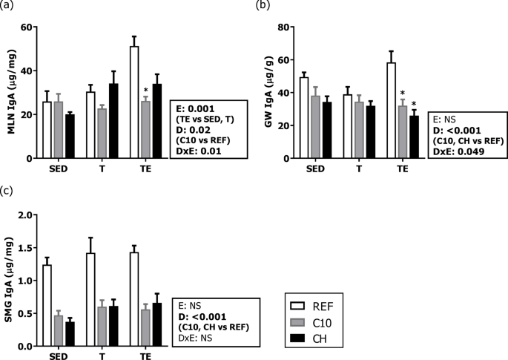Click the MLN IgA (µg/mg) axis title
click(10, 93)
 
